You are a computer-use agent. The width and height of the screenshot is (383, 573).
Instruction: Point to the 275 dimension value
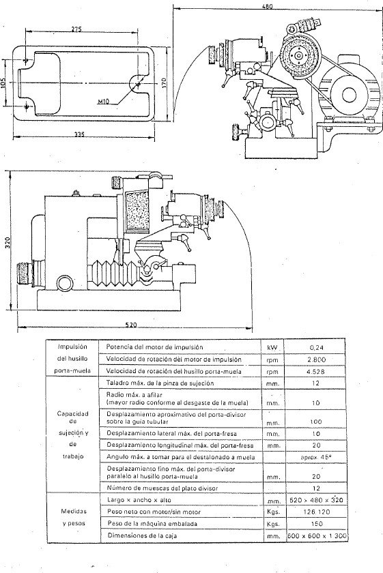[76, 29]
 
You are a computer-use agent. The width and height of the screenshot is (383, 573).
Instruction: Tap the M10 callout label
[104, 102]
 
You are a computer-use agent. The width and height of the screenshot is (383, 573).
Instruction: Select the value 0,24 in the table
[320, 347]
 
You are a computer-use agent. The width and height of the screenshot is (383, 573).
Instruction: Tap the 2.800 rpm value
[320, 359]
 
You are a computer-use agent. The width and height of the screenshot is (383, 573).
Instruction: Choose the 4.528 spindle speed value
[320, 372]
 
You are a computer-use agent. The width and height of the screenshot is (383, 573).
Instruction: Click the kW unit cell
[274, 347]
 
